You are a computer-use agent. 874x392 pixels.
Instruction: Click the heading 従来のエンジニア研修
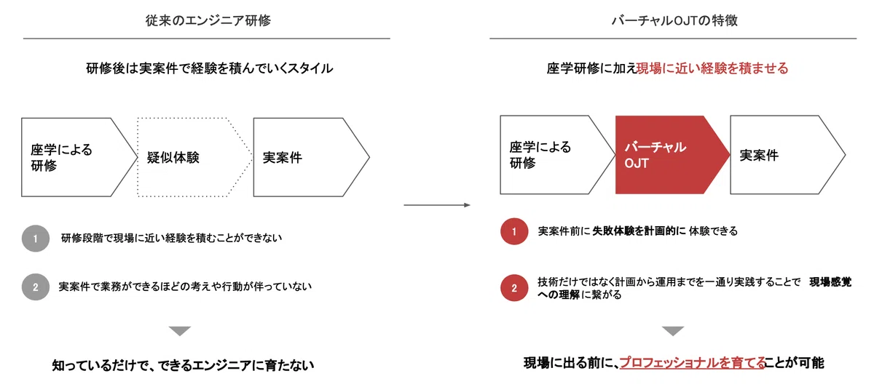point(208,20)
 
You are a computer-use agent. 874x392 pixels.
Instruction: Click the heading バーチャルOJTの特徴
point(674,20)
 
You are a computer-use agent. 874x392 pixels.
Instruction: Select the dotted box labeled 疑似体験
point(194,157)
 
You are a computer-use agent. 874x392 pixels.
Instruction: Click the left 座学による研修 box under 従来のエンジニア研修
point(79,157)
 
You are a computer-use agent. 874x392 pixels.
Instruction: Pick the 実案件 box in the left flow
point(312,157)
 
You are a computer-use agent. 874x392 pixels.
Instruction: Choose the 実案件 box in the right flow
point(788,155)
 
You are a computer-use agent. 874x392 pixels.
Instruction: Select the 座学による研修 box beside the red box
point(558,155)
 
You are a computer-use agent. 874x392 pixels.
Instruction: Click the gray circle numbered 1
point(36,239)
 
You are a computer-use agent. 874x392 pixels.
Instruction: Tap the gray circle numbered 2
point(36,287)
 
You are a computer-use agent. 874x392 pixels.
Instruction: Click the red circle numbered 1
point(514,231)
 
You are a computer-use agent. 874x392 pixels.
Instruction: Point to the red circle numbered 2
point(514,288)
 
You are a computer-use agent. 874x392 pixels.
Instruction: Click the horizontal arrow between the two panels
point(437,205)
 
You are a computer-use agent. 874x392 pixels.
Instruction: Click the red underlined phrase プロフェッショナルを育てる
point(693,363)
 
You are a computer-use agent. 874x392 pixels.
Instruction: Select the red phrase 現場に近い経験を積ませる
point(712,68)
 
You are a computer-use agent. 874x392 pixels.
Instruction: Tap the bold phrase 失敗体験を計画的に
point(639,231)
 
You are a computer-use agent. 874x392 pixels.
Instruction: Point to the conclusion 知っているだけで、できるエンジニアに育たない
point(183,366)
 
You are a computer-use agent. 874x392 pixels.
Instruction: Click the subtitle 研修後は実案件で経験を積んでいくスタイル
point(210,68)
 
